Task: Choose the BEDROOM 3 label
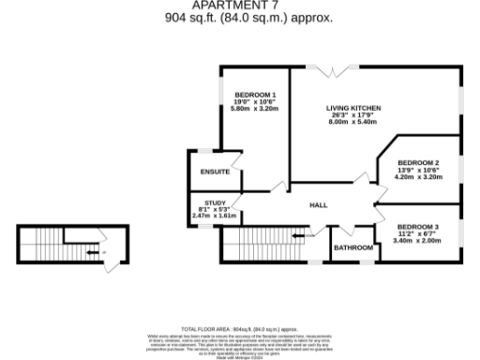[x=416, y=228]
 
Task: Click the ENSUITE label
[x=215, y=172]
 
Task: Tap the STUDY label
[x=214, y=202]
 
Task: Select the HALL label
[x=319, y=205]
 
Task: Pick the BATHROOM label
[x=354, y=247]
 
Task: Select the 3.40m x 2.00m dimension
[x=416, y=241]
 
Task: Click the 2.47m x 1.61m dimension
[x=214, y=216]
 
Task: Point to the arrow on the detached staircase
[x=91, y=251]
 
